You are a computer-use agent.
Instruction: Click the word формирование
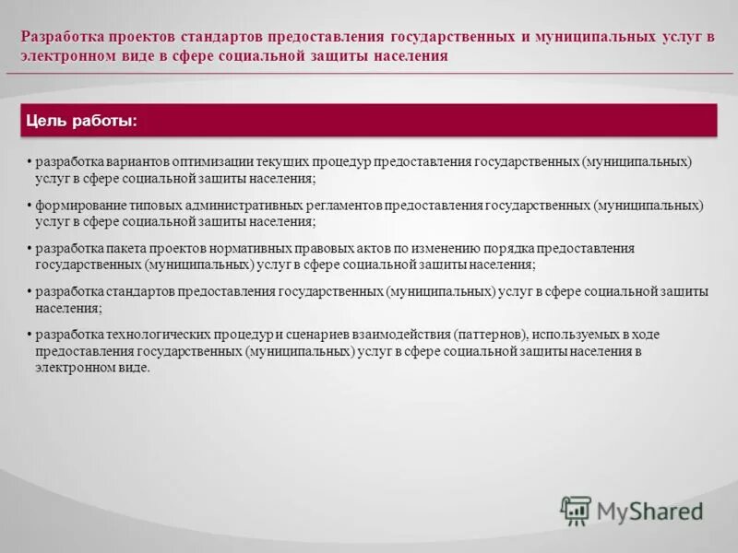(77, 205)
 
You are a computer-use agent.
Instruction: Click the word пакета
(135, 249)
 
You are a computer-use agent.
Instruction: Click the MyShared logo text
(650, 510)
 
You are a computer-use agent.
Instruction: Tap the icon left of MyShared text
(577, 510)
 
